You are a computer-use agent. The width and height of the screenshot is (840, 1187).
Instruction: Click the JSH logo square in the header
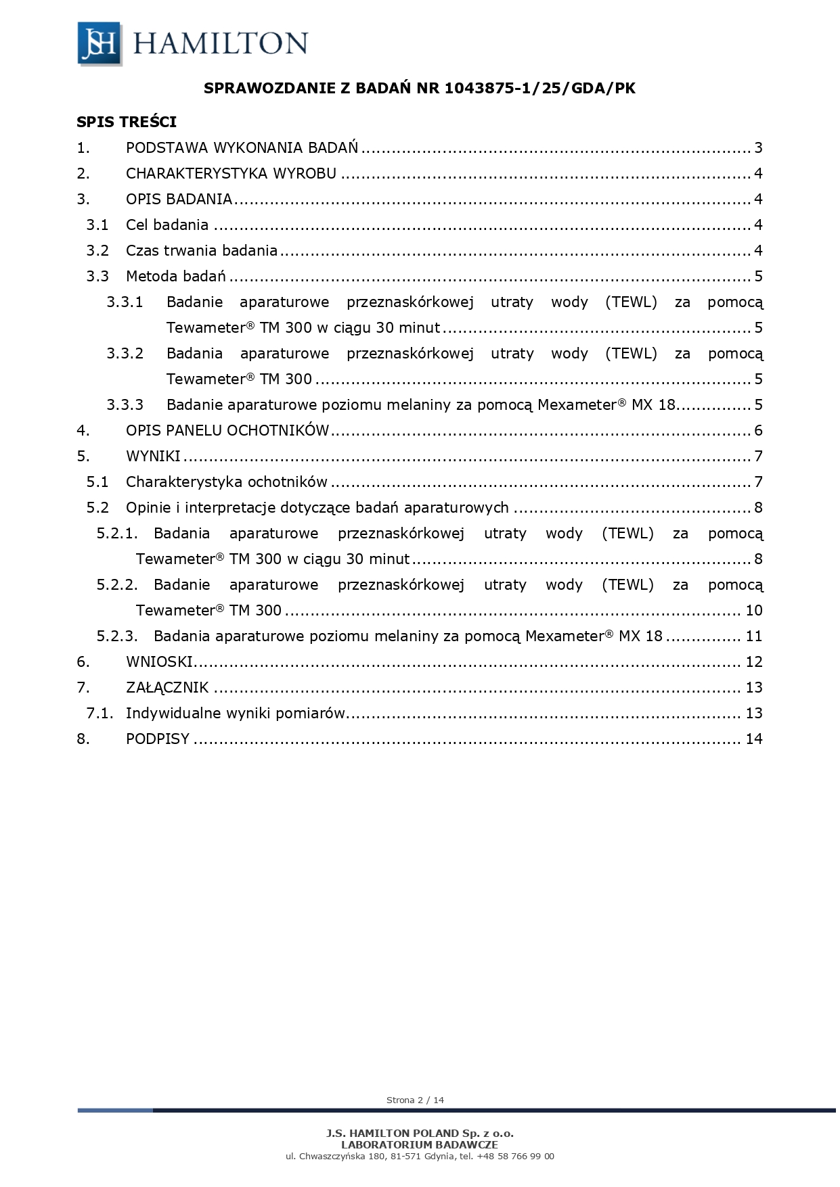coord(100,43)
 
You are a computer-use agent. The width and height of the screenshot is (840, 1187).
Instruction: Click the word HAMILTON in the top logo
coord(221,43)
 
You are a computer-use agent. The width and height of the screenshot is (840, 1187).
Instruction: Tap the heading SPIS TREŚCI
coord(127,122)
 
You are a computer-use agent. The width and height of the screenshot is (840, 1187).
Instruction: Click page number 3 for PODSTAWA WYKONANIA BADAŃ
coord(758,148)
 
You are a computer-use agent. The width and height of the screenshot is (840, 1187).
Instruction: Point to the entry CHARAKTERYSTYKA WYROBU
coord(231,174)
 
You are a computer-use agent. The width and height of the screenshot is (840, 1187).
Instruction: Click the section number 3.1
coord(97,225)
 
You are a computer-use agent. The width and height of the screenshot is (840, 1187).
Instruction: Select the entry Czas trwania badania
coord(202,251)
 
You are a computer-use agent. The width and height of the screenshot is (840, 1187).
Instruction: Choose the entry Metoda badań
coord(175,277)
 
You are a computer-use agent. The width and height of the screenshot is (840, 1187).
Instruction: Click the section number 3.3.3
coord(125,405)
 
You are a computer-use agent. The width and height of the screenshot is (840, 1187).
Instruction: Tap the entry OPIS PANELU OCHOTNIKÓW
coord(227,431)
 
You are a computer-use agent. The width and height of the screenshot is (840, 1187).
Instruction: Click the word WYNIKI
coord(153,457)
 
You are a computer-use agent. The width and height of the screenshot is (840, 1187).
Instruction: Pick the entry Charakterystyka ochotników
coord(227,482)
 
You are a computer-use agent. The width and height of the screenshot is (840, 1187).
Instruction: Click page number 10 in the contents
coord(754,611)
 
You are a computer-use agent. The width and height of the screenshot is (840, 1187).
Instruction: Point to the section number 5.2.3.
coord(117,636)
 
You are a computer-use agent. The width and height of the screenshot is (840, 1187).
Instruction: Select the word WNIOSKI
coord(159,662)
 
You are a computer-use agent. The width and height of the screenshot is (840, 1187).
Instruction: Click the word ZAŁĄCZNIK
coord(167,688)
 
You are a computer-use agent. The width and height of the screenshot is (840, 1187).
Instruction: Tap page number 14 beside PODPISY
coord(754,739)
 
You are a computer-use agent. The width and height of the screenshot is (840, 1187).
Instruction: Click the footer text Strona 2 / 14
coord(415,1100)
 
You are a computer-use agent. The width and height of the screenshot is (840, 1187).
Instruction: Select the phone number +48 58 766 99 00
coord(515,1156)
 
